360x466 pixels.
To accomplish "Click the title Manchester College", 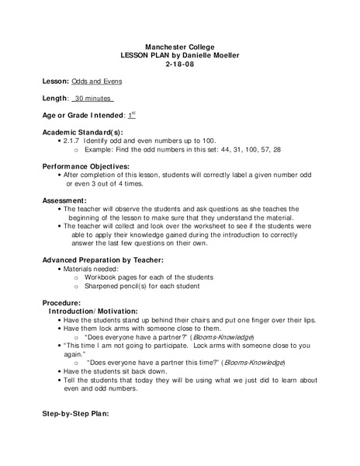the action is (x=179, y=47).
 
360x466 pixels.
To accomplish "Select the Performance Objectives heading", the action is (x=85, y=166).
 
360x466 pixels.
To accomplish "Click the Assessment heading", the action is (x=64, y=200).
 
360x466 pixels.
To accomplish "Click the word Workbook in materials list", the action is (x=103, y=276).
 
